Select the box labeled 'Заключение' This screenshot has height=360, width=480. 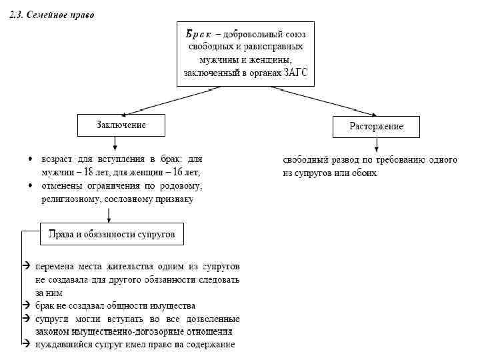[121, 125]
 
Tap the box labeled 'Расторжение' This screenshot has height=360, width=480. [377, 126]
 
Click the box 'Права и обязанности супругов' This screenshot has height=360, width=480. [111, 235]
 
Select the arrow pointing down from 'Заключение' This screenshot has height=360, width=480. [115, 142]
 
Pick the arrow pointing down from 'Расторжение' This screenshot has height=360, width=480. [377, 145]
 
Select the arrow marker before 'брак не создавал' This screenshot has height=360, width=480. [25, 305]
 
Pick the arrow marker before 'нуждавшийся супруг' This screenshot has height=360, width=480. [25, 344]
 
